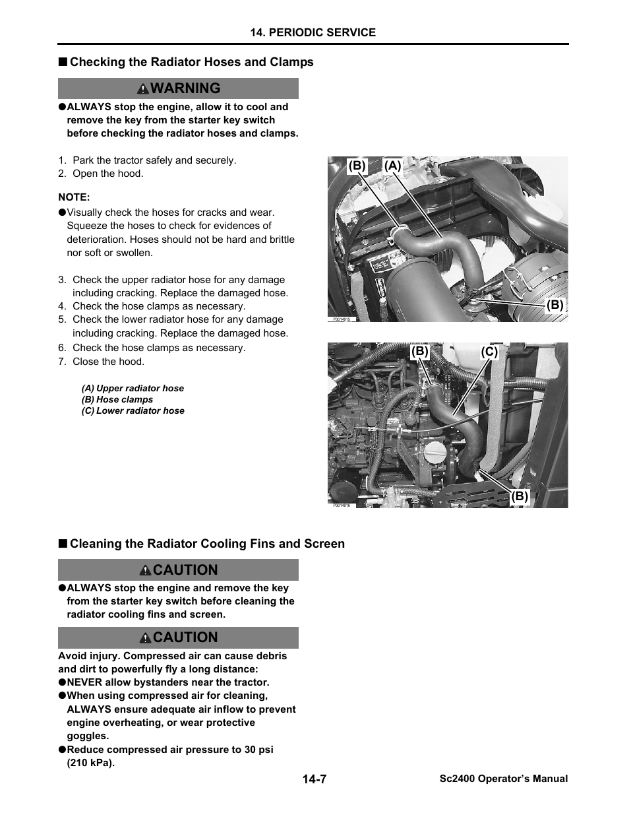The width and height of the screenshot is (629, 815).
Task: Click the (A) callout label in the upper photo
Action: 393,166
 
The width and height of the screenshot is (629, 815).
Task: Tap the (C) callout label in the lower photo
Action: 489,352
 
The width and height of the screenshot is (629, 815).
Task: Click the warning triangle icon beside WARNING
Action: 142,89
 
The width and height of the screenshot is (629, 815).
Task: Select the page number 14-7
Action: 314,779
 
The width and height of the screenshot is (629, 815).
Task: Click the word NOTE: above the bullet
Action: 74,197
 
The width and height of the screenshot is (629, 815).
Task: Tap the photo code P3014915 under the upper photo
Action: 341,319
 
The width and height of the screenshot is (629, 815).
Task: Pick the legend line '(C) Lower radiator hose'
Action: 133,410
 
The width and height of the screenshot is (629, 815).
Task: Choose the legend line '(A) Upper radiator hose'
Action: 133,389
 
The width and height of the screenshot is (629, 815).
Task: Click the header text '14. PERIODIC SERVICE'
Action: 313,32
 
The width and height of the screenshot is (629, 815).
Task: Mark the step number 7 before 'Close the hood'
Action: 61,362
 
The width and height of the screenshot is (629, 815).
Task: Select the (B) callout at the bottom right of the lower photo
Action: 520,496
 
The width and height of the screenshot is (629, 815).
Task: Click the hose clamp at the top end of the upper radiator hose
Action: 398,232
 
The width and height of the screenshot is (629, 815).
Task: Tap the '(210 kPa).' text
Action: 90,763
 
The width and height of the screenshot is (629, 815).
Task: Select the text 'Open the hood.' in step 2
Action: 107,174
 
